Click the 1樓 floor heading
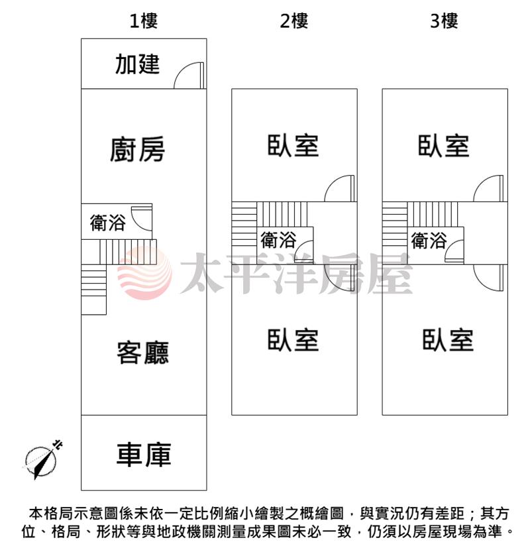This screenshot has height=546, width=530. [144, 21]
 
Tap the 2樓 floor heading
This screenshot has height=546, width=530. [294, 21]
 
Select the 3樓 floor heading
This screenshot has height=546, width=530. [444, 21]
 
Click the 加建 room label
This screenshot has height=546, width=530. [137, 64]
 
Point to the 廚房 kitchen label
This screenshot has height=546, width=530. [137, 150]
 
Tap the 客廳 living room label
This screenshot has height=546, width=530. [143, 353]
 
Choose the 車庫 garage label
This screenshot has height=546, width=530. [144, 455]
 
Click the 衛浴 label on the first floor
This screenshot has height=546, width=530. [107, 223]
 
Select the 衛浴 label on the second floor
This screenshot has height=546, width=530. [278, 240]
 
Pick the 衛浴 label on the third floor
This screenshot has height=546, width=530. [429, 241]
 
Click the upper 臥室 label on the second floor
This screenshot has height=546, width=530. [293, 146]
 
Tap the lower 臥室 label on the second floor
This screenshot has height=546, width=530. [293, 339]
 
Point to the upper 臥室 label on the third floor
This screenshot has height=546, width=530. [444, 146]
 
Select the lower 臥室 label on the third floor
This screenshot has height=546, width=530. [448, 339]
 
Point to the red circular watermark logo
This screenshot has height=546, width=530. [144, 274]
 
